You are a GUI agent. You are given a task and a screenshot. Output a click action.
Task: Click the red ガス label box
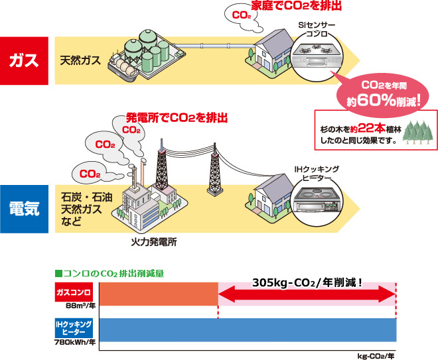pyautogui.click(x=24, y=61)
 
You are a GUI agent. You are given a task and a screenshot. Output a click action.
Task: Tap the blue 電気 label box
pyautogui.click(x=24, y=208)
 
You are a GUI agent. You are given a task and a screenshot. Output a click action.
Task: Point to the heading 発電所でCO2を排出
pyautogui.click(x=177, y=118)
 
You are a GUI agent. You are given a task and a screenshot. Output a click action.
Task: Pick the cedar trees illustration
pyautogui.click(x=416, y=133)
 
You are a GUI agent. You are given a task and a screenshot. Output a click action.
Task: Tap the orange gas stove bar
pyautogui.click(x=158, y=294)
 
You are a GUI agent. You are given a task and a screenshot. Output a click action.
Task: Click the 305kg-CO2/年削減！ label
pyautogui.click(x=307, y=282)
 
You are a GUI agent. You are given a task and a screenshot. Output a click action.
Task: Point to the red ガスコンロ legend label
pyautogui.click(x=74, y=291)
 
